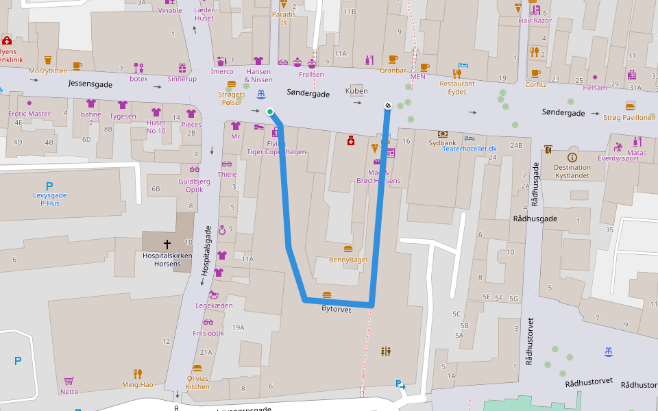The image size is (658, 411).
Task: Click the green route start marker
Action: coord(270,112)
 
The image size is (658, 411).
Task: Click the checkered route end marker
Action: coord(388,105)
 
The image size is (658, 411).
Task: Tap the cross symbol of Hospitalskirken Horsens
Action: coord(167,244)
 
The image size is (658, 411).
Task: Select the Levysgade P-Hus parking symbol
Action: coord(49,186)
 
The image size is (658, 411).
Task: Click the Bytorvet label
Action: coord(336,309)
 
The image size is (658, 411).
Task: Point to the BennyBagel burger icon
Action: coord(348,249)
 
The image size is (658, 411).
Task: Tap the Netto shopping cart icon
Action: coord(69,381)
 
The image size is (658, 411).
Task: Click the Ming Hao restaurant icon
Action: coord(138,373)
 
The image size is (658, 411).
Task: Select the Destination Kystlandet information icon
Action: coord(572,157)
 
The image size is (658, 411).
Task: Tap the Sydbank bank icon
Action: coord(443,134)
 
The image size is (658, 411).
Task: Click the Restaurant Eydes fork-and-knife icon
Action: coord(456,73)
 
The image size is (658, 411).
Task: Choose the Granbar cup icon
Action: coord(393,59)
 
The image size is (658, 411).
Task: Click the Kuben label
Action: coord(356,91)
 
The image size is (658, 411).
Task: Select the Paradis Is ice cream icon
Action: coord(283,4)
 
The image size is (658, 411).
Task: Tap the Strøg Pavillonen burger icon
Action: coord(630,105)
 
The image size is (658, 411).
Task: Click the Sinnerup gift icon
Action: coord(182,68)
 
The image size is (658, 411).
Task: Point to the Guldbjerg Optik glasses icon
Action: coord(195,170)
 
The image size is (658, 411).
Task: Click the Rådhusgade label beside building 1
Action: coord(535,219)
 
